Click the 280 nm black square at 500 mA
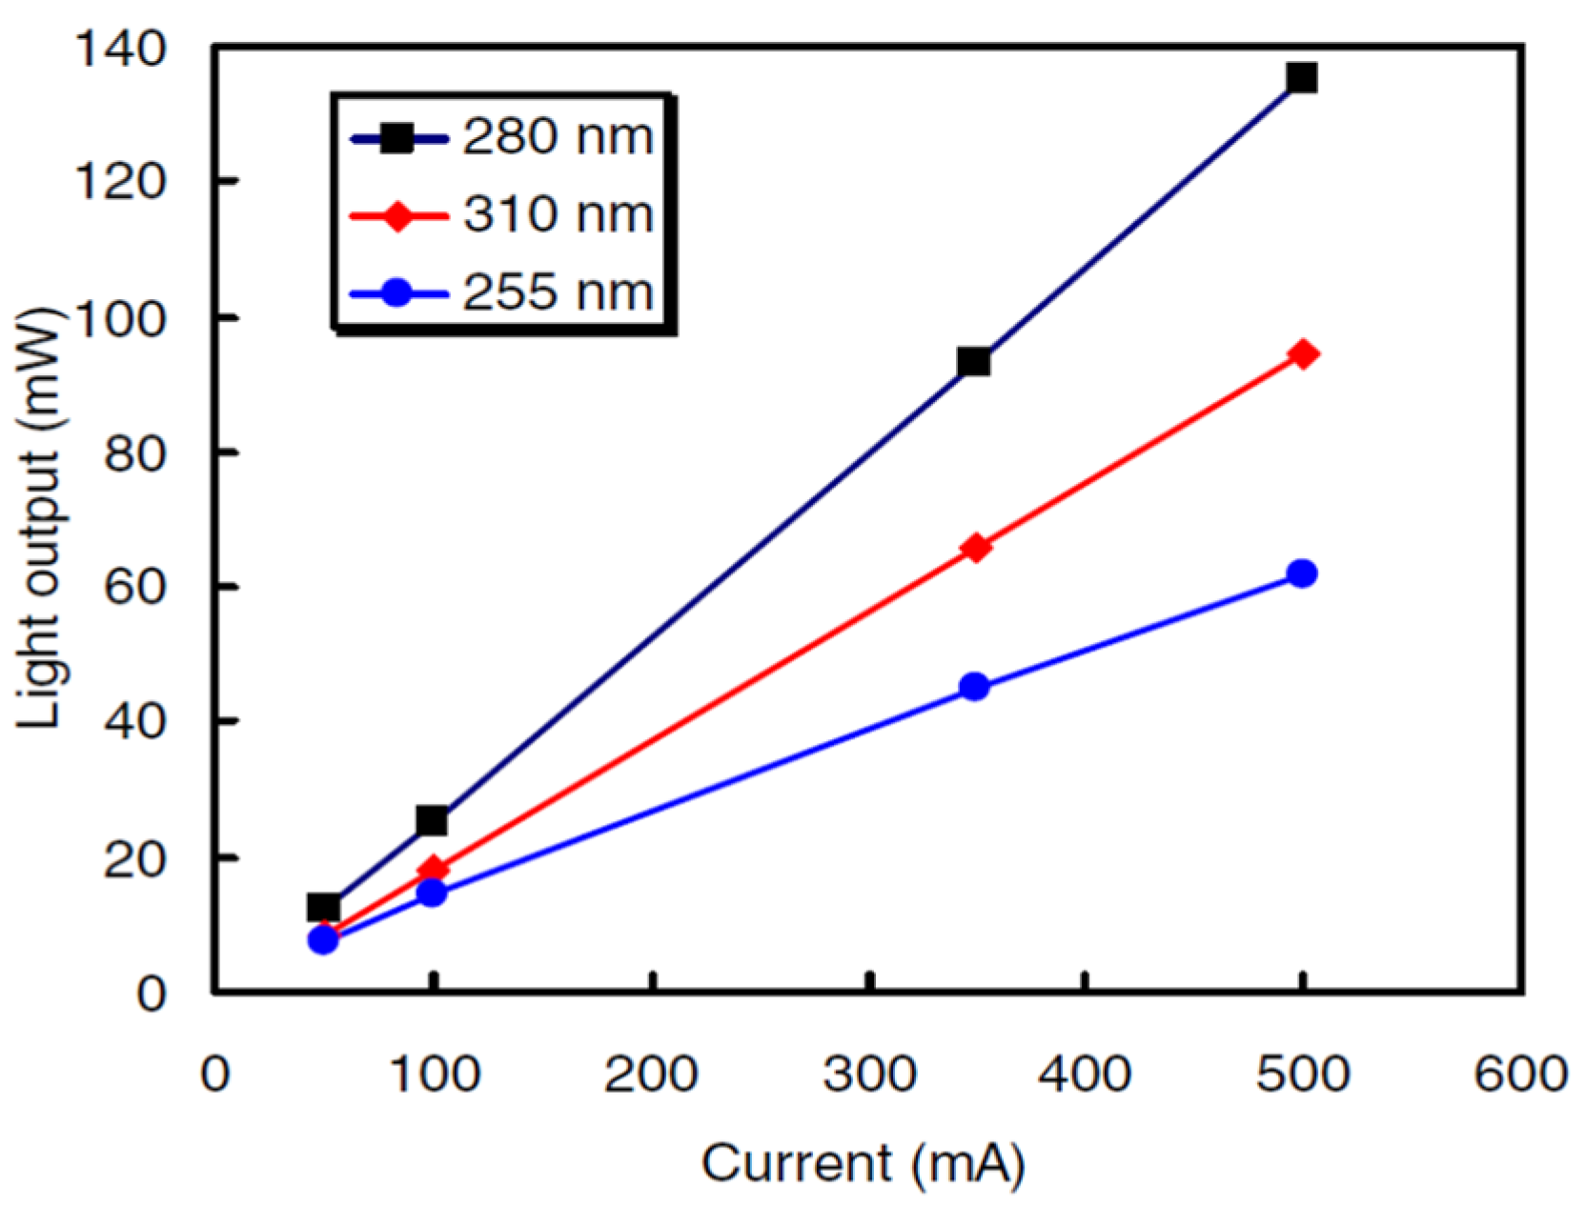coord(1301,77)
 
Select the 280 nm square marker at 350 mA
coord(974,361)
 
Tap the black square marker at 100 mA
coord(432,819)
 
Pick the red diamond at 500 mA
coord(1303,354)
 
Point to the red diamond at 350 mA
coord(975,548)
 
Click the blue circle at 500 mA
coord(1302,573)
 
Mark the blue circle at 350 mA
coord(974,687)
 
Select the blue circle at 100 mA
coord(432,893)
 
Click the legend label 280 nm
coord(558,137)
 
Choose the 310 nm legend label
coord(558,214)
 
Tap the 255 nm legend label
coord(558,291)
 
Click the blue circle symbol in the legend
coord(397,292)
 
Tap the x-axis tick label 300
coord(869,1075)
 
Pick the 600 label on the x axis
coord(1519,1075)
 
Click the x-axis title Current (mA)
coord(863,1163)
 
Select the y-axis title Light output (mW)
coord(40,519)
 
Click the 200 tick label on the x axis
coord(651,1075)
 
